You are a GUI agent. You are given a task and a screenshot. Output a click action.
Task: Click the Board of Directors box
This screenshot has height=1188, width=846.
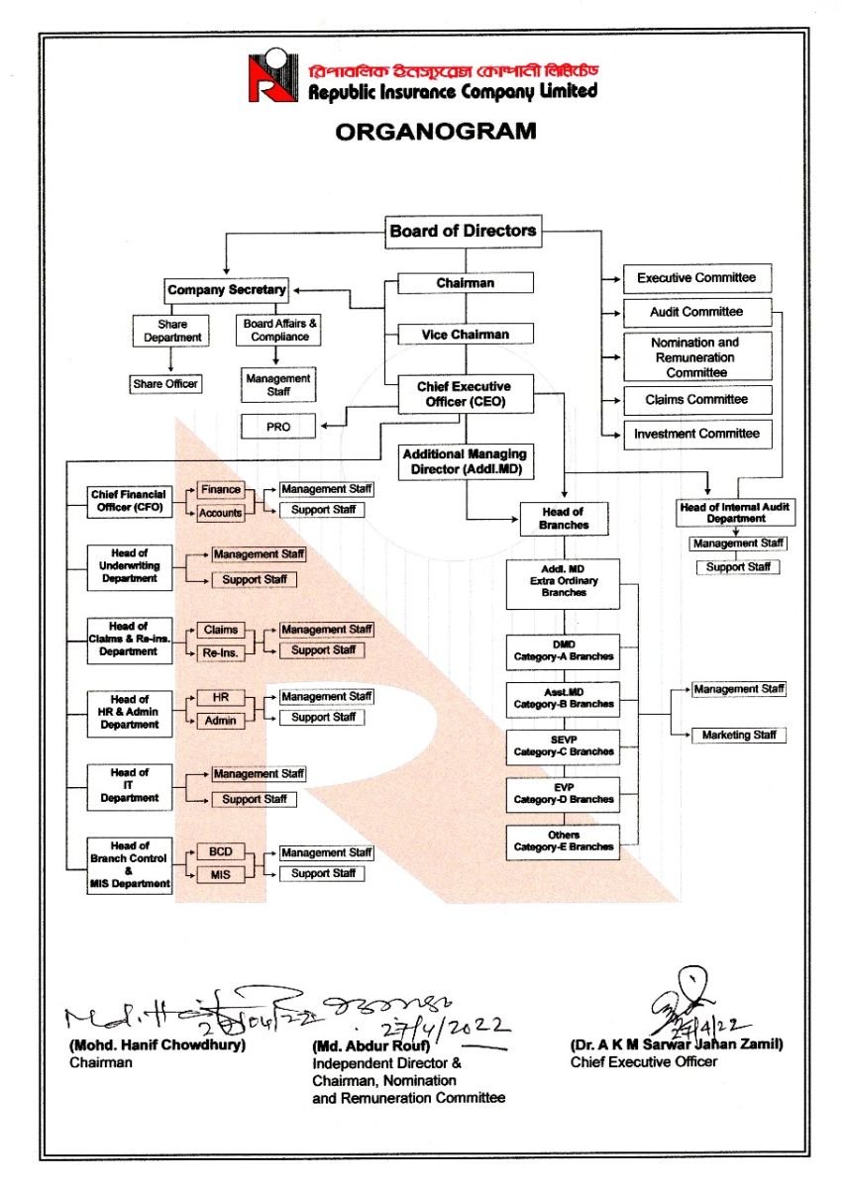click(463, 232)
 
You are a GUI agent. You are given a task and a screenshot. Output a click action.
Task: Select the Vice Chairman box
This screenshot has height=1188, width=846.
click(465, 335)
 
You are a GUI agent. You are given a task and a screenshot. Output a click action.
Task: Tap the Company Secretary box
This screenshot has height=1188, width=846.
click(226, 290)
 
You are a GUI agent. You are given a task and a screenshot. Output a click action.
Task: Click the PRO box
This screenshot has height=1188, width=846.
click(278, 427)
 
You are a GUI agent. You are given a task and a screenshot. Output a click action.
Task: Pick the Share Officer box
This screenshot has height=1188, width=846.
click(165, 383)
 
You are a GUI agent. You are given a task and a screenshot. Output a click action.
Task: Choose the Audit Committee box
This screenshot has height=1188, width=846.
click(696, 312)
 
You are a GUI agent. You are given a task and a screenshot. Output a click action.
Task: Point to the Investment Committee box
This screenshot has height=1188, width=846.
click(696, 434)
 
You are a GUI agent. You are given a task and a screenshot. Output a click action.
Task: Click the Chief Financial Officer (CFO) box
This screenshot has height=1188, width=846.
click(129, 501)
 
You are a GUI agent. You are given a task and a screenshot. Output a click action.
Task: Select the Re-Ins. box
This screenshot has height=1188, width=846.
click(220, 652)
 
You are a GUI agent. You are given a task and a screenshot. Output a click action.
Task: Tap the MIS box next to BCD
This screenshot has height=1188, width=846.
click(220, 875)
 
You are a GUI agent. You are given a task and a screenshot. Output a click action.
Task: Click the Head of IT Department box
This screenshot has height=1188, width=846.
click(129, 785)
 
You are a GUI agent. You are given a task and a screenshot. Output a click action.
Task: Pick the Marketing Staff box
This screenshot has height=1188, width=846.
click(739, 736)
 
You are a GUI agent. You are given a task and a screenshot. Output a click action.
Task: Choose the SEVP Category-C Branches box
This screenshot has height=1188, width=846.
click(563, 746)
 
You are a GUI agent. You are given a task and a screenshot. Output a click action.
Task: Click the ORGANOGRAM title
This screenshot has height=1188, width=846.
click(435, 131)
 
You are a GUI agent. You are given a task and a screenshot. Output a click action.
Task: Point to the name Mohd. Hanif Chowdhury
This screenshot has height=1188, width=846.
click(157, 1045)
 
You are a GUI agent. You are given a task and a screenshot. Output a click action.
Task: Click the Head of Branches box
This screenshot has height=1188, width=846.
click(563, 519)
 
